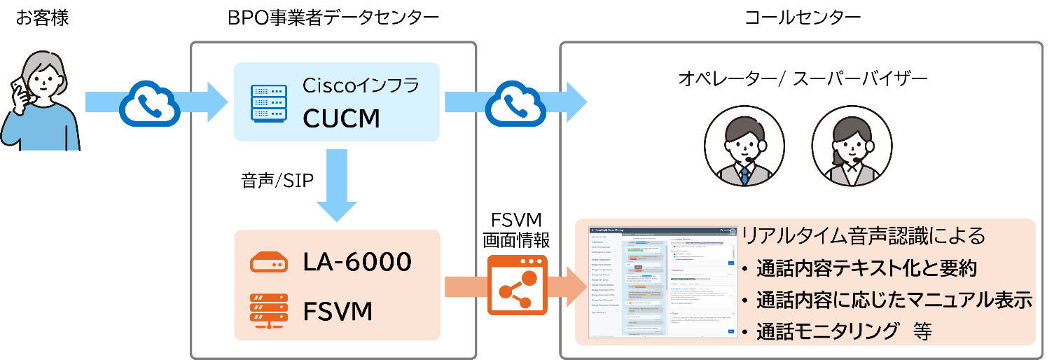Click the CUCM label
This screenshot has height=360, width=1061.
pyautogui.click(x=341, y=118)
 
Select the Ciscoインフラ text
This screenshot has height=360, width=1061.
pyautogui.click(x=361, y=86)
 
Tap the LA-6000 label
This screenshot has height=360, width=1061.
pyautogui.click(x=357, y=263)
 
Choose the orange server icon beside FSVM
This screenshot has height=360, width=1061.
pyautogui.click(x=269, y=311)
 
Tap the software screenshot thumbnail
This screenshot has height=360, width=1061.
pyautogui.click(x=663, y=283)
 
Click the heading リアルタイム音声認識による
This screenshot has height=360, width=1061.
pyautogui.click(x=863, y=236)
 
